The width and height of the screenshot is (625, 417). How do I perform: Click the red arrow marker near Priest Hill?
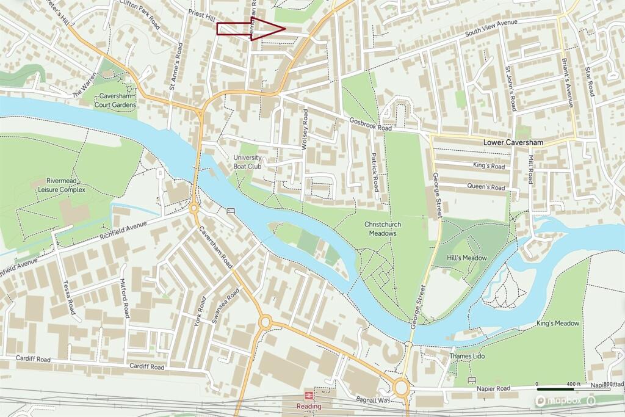[x=251, y=29]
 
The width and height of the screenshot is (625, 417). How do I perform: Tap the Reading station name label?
[x=309, y=407]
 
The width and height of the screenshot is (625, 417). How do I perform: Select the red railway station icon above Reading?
[x=309, y=396]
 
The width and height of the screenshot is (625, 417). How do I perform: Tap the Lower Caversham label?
[x=513, y=142]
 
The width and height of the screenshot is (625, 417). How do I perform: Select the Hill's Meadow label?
[x=468, y=258]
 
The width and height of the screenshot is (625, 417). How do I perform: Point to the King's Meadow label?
[x=558, y=323]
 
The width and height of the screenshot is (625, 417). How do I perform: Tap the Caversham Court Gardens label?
[x=115, y=101]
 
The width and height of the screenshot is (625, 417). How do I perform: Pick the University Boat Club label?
[x=247, y=161]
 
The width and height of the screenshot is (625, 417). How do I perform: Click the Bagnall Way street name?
[x=372, y=399]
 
